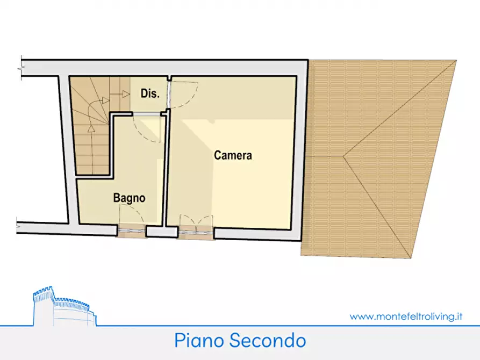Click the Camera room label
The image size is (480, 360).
tap(233, 156)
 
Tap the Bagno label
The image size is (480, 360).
tap(129, 198)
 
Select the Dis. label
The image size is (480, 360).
tap(150, 93)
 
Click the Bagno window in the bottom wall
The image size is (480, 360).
tap(131, 231)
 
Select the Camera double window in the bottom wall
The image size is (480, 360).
tap(196, 231)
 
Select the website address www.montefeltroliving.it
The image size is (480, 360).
tap(406, 316)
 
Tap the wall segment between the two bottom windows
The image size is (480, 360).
tap(162, 232)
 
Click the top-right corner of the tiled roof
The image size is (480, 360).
tap(457, 60)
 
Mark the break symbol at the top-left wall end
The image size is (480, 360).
tap(22, 68)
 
